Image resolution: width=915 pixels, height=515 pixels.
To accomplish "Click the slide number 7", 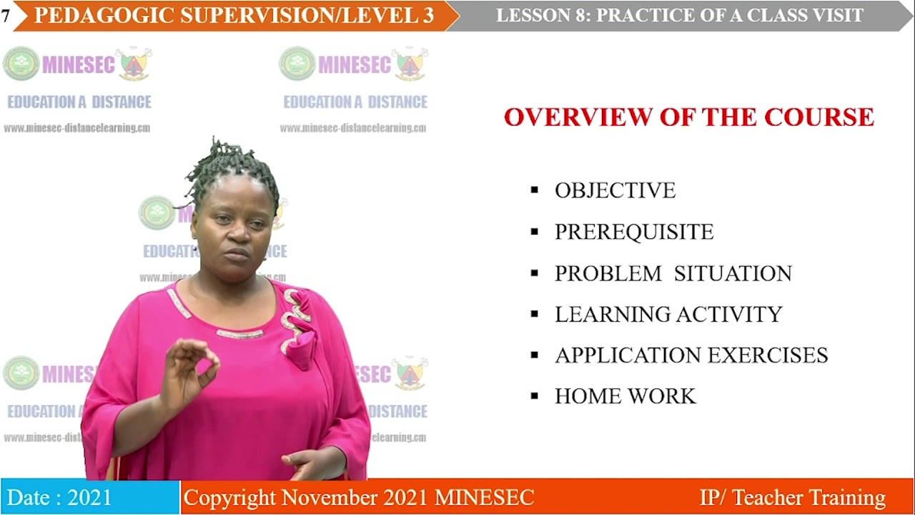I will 6,16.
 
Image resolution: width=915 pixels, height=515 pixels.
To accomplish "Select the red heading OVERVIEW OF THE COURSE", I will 689,117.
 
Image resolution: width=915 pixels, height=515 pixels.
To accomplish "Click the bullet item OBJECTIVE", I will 615,190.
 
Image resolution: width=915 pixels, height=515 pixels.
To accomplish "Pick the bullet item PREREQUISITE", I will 634,232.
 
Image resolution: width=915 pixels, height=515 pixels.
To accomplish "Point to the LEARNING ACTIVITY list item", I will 668,314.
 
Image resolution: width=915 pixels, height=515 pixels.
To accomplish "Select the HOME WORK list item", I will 625,396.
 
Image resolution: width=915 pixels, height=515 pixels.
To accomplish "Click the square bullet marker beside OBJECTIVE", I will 534,190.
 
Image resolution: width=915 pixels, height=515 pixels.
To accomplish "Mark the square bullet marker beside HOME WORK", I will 534,396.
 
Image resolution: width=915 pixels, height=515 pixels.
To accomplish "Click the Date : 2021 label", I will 59,498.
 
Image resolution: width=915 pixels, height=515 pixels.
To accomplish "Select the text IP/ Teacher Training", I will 792,498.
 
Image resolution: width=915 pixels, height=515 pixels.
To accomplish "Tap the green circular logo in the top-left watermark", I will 21,64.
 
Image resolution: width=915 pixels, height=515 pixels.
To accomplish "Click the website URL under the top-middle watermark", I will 352,129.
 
